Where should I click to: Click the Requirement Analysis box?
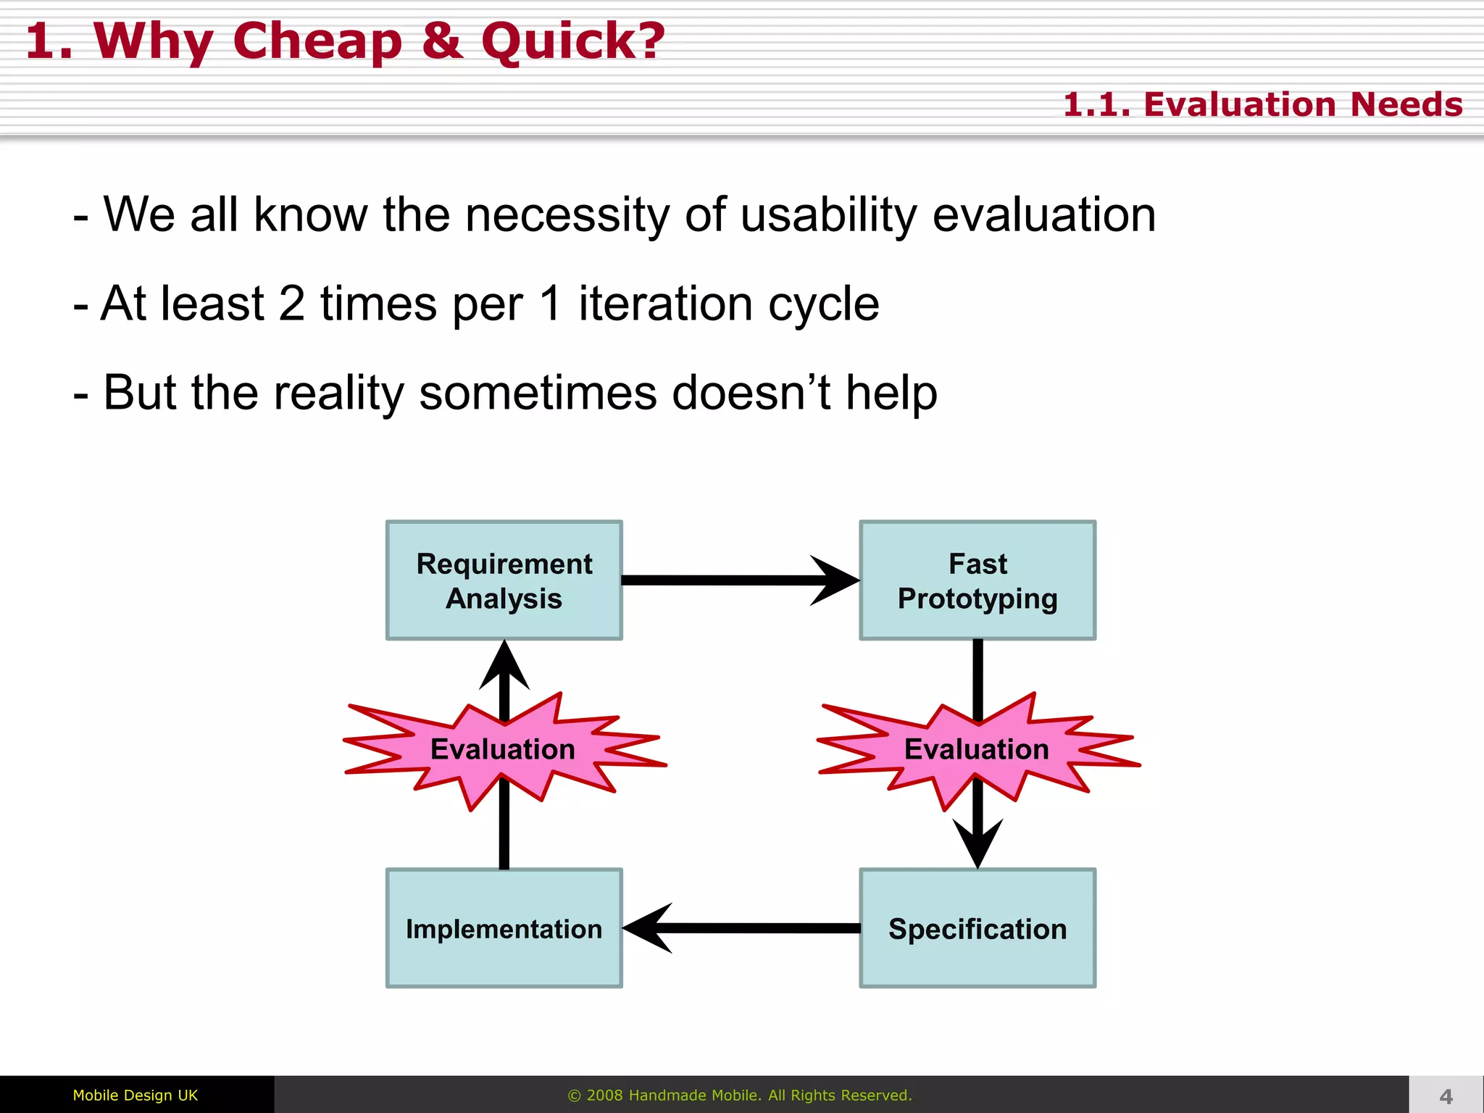point(504,580)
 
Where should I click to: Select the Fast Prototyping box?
point(977,580)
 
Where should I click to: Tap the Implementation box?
point(504,928)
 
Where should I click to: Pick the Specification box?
point(977,928)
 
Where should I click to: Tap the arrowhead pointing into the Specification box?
point(977,844)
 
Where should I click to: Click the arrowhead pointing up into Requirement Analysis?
point(504,667)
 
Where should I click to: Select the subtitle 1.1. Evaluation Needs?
point(1262,104)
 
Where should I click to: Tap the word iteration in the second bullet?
point(665,304)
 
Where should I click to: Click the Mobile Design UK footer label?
point(136,1095)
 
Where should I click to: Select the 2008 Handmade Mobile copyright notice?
point(739,1095)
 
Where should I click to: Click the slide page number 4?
point(1446,1096)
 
